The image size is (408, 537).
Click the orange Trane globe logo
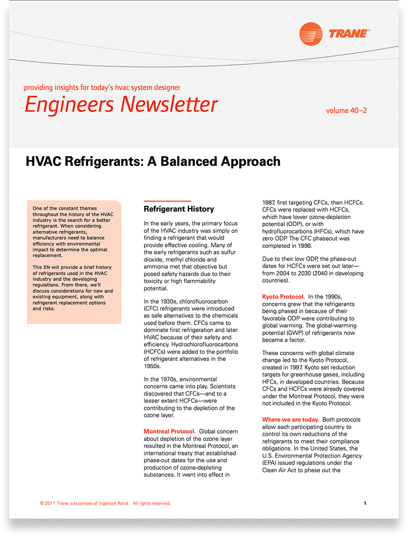(x=311, y=34)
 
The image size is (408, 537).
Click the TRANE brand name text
(x=348, y=34)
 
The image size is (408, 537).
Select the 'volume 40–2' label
(x=346, y=110)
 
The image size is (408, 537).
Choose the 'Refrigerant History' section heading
(x=179, y=209)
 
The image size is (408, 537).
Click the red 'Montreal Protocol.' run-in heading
(x=169, y=432)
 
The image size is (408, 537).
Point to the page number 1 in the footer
(x=365, y=503)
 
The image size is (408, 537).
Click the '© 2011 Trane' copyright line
(x=105, y=503)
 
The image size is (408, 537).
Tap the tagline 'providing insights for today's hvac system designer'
(x=102, y=88)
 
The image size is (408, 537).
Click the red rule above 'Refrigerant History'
(x=167, y=201)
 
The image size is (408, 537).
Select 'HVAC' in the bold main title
(x=45, y=161)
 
